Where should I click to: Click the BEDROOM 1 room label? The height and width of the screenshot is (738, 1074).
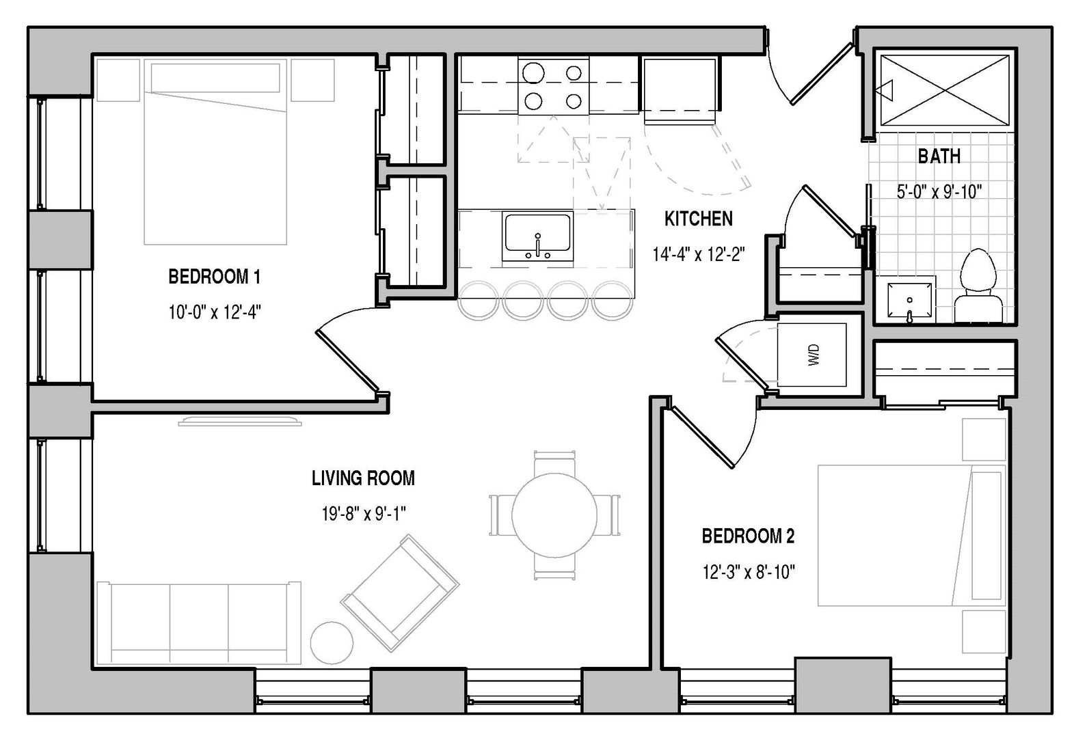pyautogui.click(x=214, y=277)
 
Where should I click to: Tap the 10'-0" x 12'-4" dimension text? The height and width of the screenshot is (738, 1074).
pyautogui.click(x=214, y=312)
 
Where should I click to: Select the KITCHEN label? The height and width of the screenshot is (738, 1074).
pyautogui.click(x=699, y=219)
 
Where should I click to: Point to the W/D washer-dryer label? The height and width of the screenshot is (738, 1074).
pyautogui.click(x=814, y=355)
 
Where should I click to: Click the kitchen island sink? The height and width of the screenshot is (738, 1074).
pyautogui.click(x=537, y=236)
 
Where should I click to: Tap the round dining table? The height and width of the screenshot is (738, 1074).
pyautogui.click(x=554, y=515)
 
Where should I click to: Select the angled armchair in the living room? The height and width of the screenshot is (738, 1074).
pyautogui.click(x=400, y=593)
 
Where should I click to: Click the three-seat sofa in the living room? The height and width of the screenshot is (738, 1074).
pyautogui.click(x=199, y=623)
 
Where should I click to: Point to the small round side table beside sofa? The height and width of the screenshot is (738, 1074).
pyautogui.click(x=332, y=642)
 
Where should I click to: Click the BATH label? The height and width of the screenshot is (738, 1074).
pyautogui.click(x=939, y=156)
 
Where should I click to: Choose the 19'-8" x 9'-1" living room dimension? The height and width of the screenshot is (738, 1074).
pyautogui.click(x=364, y=514)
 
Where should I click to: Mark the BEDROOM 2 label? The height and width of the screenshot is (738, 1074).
pyautogui.click(x=749, y=536)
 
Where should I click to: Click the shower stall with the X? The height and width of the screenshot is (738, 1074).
pyautogui.click(x=945, y=91)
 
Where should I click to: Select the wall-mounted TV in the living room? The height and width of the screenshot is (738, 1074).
pyautogui.click(x=240, y=421)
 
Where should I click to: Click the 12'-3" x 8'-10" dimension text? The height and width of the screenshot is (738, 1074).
pyautogui.click(x=749, y=572)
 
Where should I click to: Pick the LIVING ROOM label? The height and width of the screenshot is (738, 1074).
pyautogui.click(x=364, y=478)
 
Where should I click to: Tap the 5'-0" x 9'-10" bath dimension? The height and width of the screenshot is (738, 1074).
pyautogui.click(x=939, y=192)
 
